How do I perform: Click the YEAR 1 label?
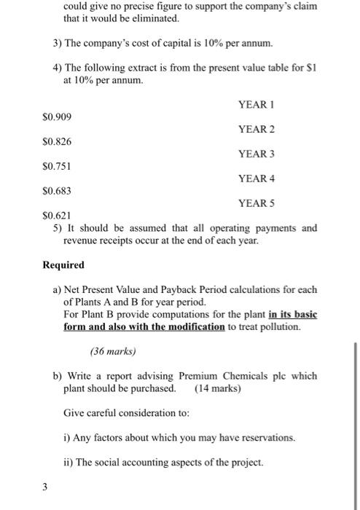256,104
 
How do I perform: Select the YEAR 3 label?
256,154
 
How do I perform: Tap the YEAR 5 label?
256,203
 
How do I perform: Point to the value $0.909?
58,117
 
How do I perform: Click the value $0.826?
58,141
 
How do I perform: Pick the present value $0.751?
58,166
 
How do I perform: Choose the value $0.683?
58,191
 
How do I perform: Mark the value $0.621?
58,216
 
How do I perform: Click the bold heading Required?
63,265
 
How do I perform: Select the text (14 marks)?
217,388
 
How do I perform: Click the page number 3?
46,487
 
